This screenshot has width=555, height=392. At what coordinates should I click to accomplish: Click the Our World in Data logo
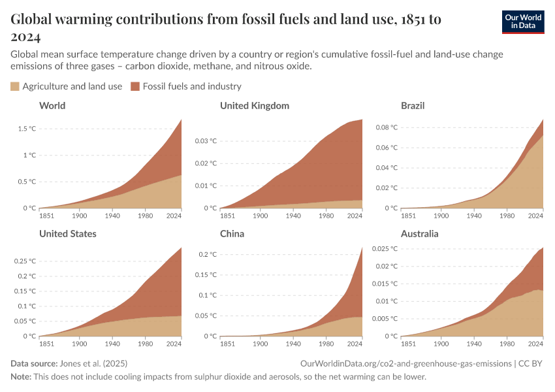(522, 22)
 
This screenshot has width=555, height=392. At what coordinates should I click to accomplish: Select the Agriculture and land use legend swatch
(15, 86)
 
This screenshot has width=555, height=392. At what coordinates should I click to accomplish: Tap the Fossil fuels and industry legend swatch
(135, 86)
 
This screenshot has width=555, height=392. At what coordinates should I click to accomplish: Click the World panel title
(52, 105)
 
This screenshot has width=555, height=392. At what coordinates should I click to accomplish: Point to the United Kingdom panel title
(254, 105)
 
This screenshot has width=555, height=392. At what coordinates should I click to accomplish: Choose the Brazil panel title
(413, 105)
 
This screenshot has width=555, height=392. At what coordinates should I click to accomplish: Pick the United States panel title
(68, 233)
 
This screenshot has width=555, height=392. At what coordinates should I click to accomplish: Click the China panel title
(232, 233)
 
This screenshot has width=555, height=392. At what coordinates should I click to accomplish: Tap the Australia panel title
(419, 233)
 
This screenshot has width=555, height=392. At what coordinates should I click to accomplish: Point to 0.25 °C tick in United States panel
(24, 261)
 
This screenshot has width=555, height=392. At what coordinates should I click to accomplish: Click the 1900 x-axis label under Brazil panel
(441, 215)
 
